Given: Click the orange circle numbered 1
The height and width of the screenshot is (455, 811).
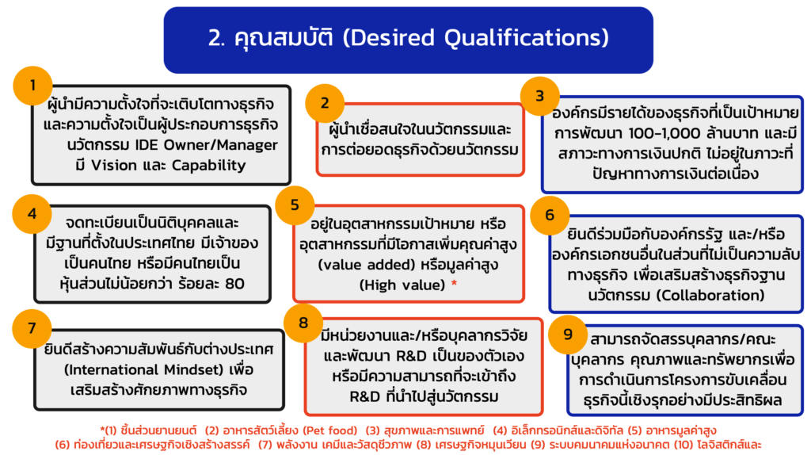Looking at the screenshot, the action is [33, 86].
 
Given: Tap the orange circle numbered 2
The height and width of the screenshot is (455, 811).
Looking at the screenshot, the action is [325, 103].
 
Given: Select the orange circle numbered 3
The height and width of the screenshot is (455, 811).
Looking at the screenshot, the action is [540, 96].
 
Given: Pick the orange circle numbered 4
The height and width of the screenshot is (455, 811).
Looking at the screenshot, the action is [32, 214].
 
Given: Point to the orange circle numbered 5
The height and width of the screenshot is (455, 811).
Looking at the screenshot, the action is [295, 205].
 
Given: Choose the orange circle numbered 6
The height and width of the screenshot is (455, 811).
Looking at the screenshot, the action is [550, 216].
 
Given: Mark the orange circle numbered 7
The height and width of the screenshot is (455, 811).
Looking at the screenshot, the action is [32, 328].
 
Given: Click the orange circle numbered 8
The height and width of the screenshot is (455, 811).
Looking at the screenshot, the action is [303, 323].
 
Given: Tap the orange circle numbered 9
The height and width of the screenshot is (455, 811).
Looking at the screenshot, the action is [568, 335].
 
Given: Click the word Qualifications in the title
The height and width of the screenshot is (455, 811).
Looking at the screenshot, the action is [527, 38].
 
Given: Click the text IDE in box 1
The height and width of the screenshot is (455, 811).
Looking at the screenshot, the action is [147, 145].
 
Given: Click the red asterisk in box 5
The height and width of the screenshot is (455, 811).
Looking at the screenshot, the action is [454, 283].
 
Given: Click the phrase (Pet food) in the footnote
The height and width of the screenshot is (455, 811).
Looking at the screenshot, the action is [330, 430].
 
